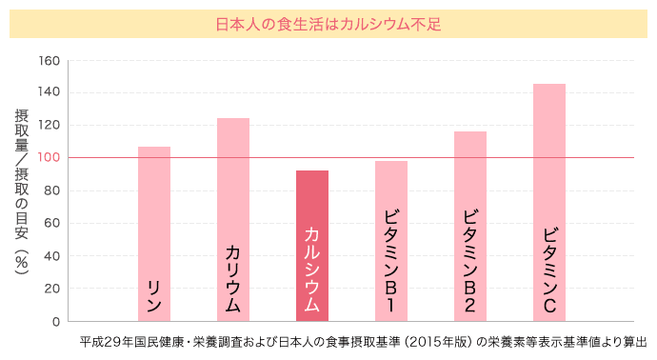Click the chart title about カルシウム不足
328,23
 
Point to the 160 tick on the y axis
50,61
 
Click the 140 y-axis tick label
50,93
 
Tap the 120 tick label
50,126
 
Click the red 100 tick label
50,158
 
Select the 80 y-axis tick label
52,190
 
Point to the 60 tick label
52,224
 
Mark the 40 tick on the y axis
52,256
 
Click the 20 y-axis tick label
52,289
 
